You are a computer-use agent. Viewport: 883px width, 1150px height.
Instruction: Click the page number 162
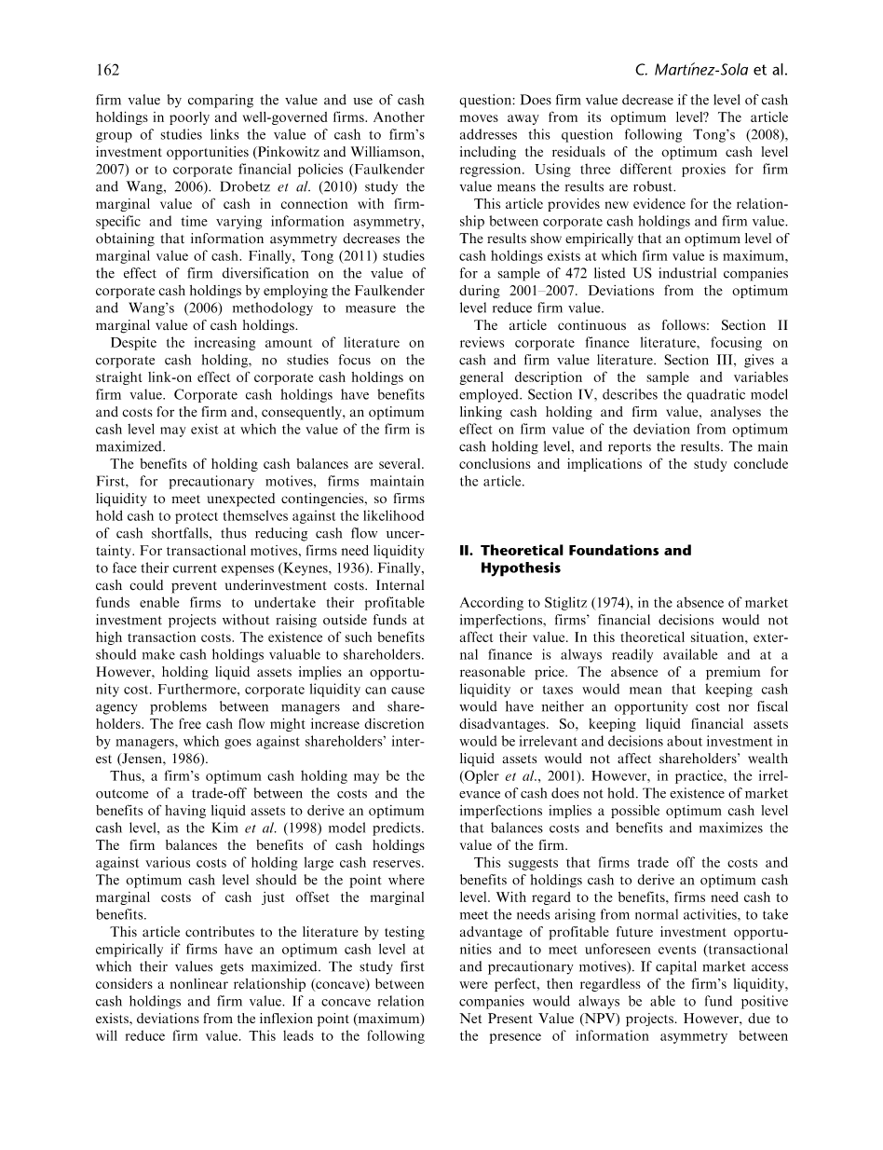pyautogui.click(x=108, y=71)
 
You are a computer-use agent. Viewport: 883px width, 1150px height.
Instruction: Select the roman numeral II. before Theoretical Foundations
pyautogui.click(x=468, y=550)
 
